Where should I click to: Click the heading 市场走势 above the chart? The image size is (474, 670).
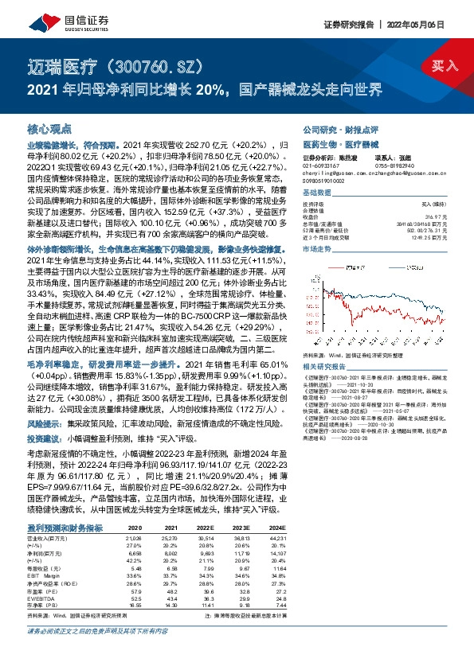(x=317, y=249)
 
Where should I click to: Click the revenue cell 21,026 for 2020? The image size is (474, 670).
(x=133, y=538)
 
